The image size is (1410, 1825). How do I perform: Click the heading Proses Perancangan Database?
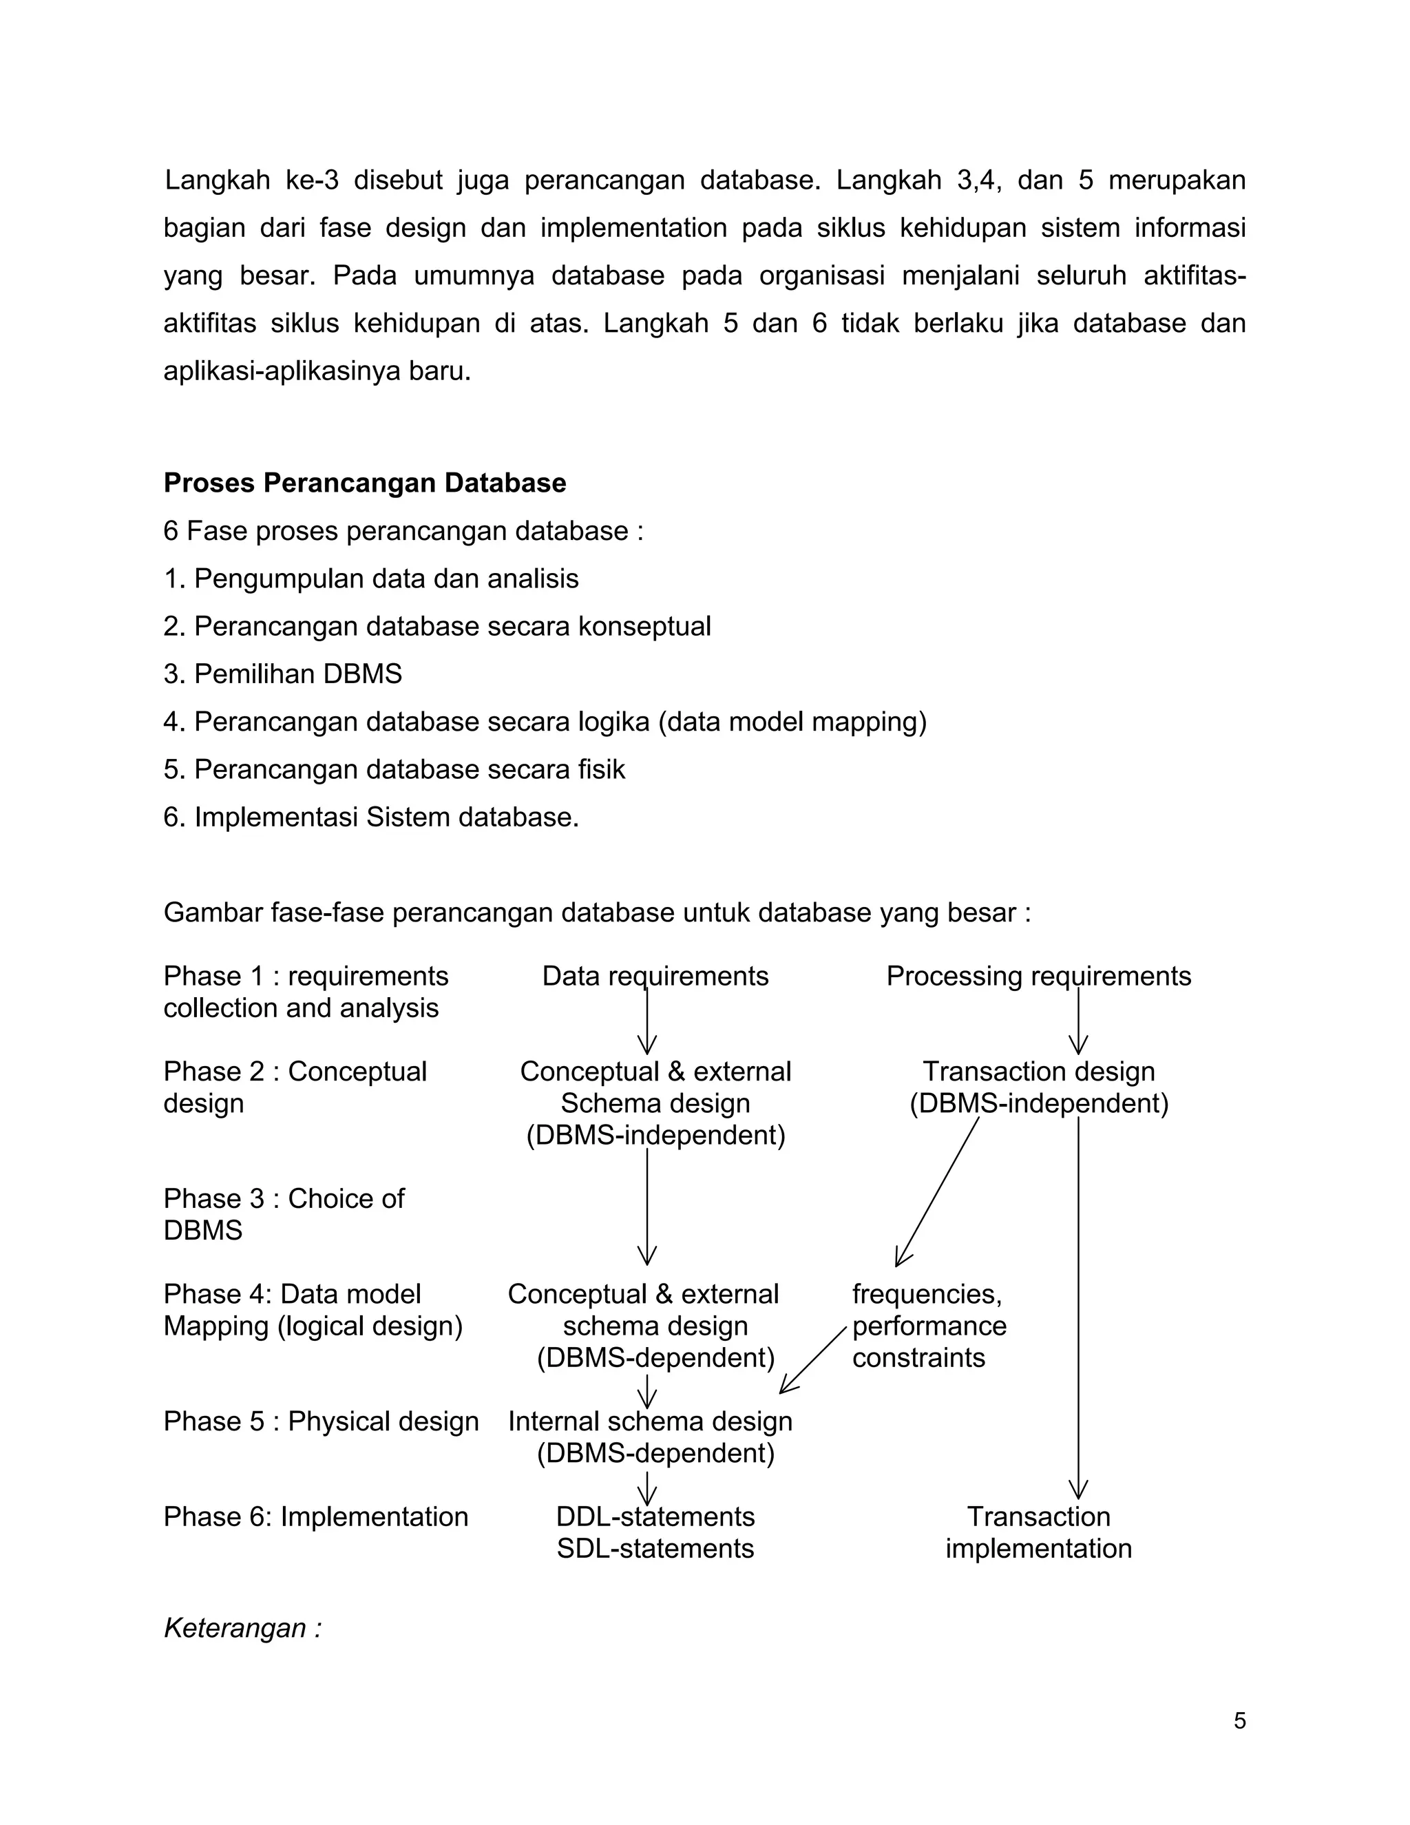click(x=364, y=483)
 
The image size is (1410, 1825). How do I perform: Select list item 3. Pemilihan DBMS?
click(x=282, y=674)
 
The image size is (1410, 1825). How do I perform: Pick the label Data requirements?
click(x=655, y=976)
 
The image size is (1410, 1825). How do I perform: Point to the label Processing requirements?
click(x=1038, y=976)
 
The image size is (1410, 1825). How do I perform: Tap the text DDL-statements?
click(x=655, y=1516)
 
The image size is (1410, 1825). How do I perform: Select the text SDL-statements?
click(x=655, y=1548)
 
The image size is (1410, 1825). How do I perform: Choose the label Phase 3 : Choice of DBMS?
click(x=284, y=1214)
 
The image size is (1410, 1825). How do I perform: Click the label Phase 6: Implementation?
click(x=316, y=1516)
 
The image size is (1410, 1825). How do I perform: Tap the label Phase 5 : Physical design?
click(x=321, y=1421)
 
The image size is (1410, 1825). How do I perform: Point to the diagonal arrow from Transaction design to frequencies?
click(x=937, y=1191)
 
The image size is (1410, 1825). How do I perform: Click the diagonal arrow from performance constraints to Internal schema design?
click(x=814, y=1359)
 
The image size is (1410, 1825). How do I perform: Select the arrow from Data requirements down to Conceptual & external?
click(x=647, y=1021)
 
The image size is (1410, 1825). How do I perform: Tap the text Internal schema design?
click(x=650, y=1421)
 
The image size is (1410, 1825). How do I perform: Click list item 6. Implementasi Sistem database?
click(x=371, y=816)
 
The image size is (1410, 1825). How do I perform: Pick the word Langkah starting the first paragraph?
click(x=217, y=180)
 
